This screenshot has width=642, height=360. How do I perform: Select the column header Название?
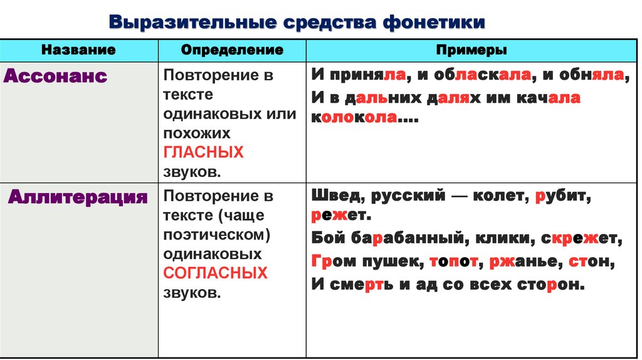79,50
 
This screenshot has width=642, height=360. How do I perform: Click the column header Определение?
232,50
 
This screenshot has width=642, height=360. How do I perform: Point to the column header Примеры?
472,50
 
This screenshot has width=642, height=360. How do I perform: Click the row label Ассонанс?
56,77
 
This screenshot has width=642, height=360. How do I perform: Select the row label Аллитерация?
78,198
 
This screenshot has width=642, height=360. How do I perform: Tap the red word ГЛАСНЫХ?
203,152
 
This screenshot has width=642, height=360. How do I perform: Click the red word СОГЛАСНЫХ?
215,273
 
